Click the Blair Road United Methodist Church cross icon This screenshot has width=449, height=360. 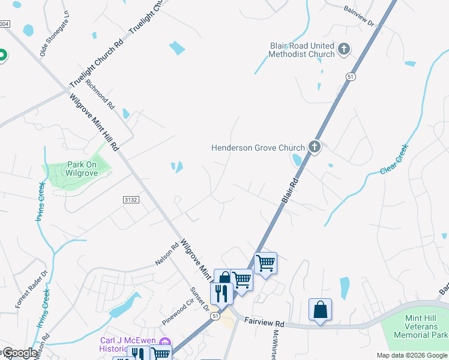tap(344, 49)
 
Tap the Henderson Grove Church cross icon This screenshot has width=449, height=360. tap(314, 146)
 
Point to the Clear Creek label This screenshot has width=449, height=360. tap(394, 159)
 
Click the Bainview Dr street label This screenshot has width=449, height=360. tap(359, 17)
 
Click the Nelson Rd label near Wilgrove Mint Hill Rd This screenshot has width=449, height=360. tap(167, 253)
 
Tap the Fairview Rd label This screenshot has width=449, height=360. tap(263, 322)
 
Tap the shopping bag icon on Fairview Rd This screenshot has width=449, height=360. tap(321, 310)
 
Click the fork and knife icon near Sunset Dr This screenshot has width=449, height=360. tap(221, 293)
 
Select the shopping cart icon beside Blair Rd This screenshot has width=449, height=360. tap(265, 262)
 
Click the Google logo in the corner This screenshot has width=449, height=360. tap(19, 353)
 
